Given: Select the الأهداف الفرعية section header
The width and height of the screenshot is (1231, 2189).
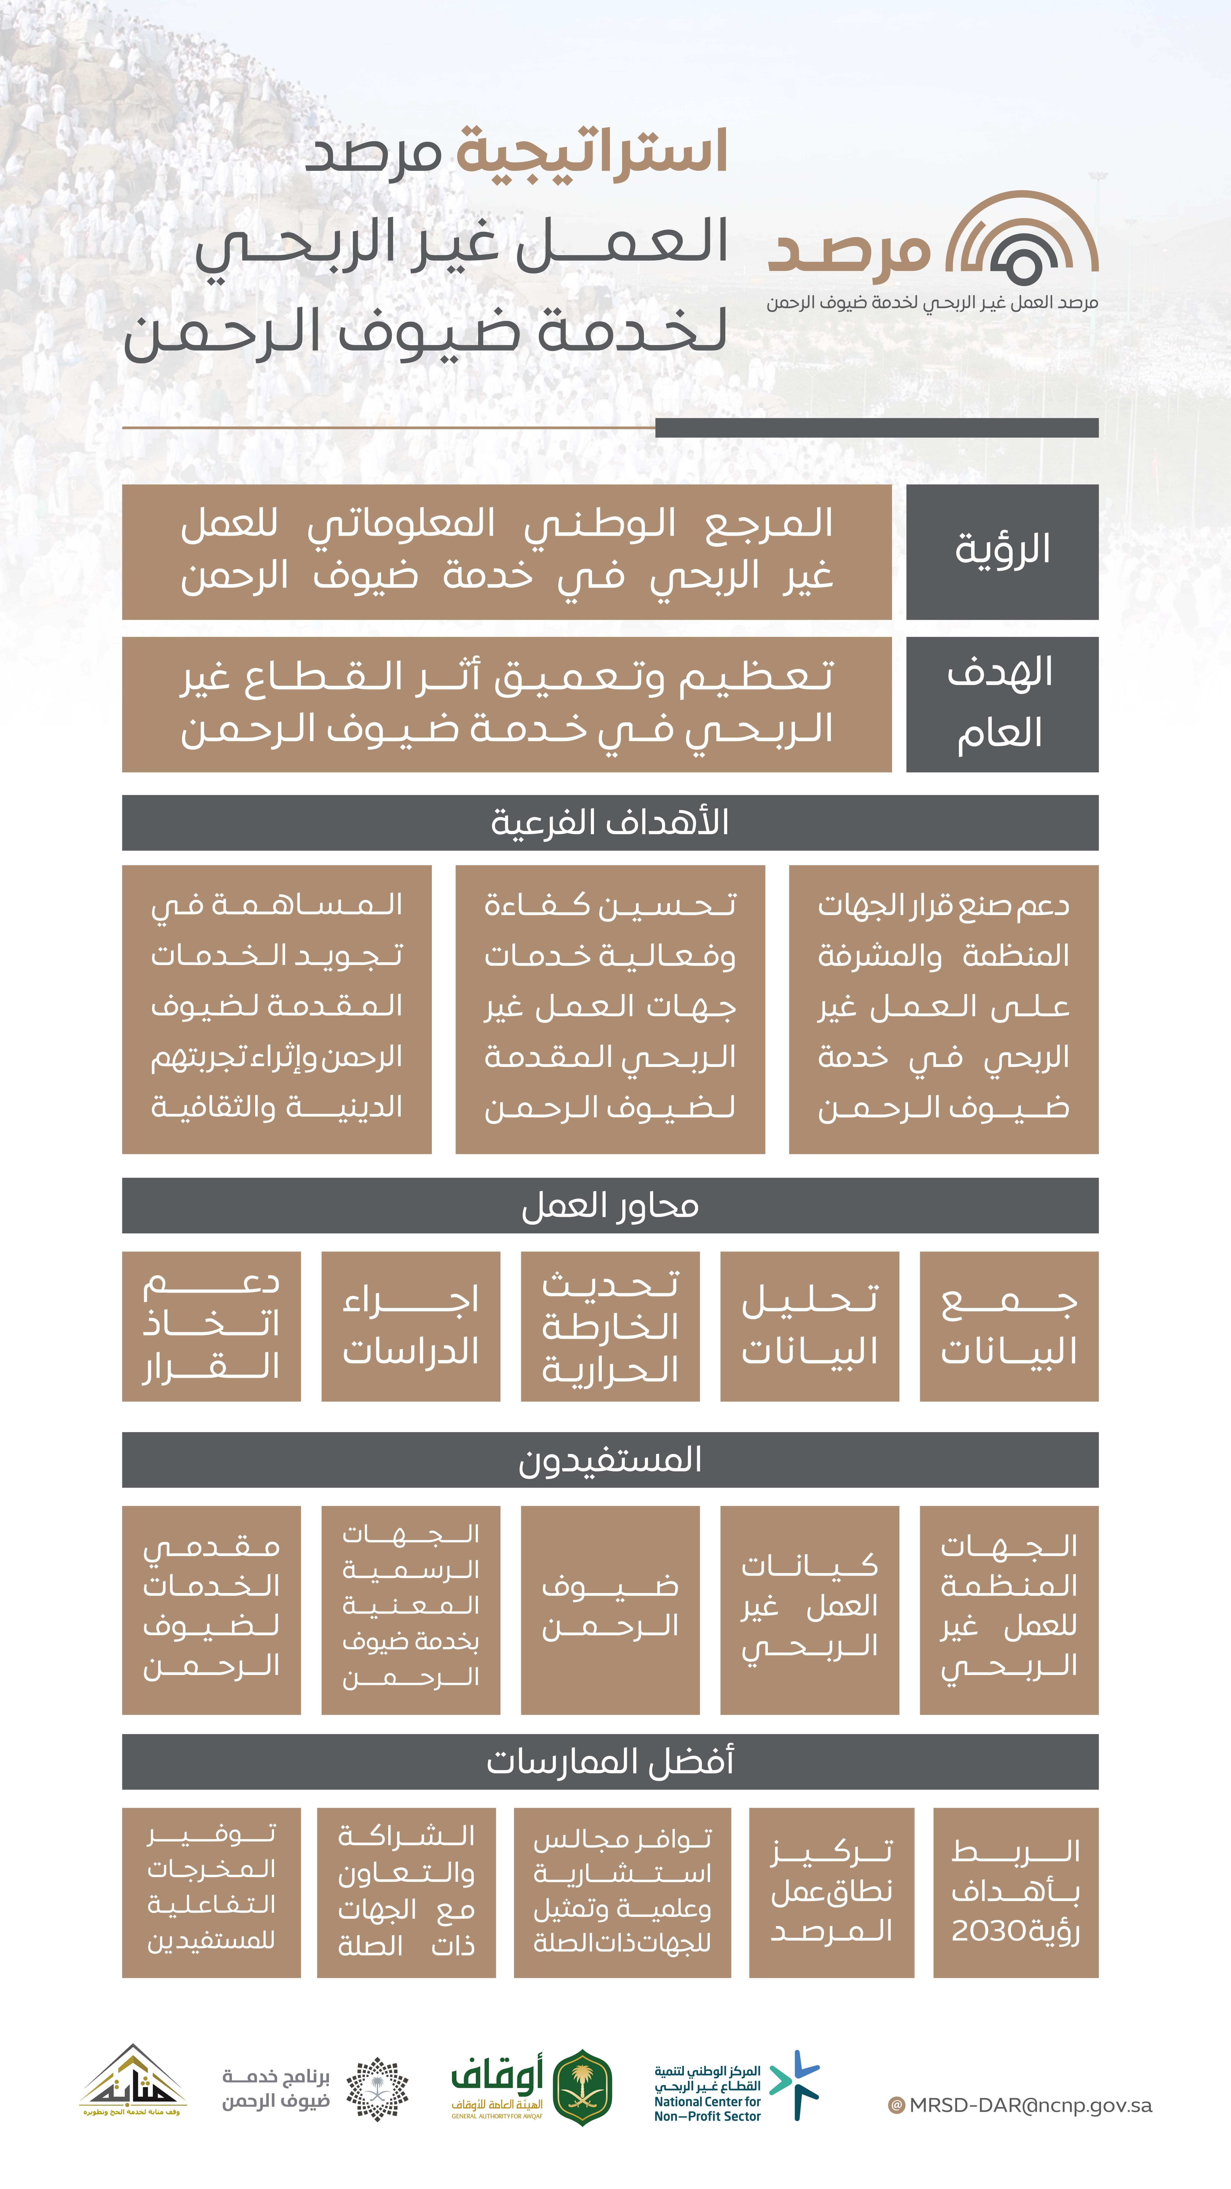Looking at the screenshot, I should pos(610,823).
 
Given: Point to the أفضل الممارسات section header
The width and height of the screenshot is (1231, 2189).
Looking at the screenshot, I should pos(610,1762).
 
